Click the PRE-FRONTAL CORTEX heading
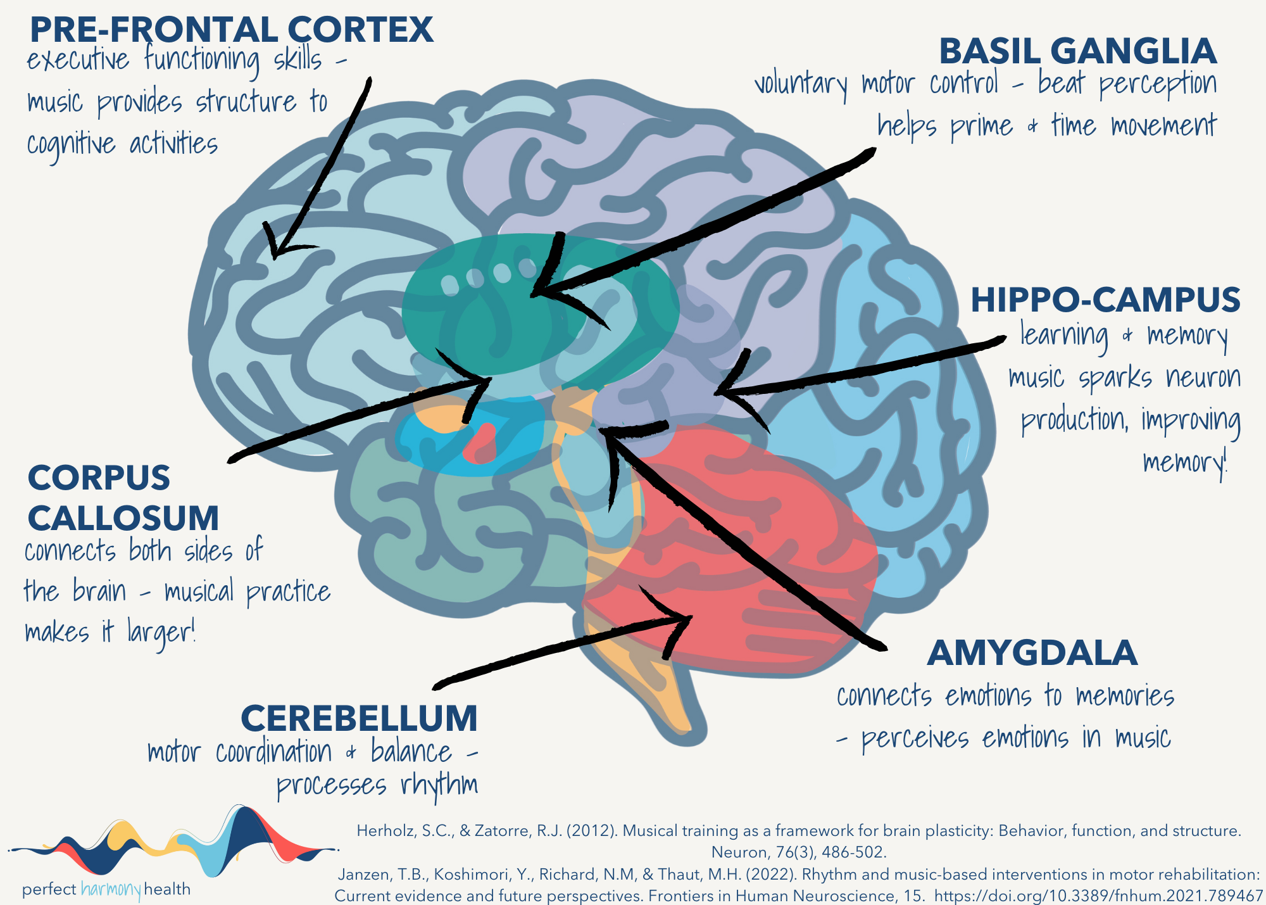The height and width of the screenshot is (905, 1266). click(x=231, y=30)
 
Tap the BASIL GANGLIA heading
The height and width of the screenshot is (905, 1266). click(x=1077, y=51)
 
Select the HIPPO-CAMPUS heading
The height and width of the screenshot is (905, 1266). click(x=1105, y=300)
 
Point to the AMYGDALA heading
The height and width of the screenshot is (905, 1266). click(x=1032, y=653)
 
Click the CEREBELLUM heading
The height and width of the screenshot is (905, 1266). click(x=359, y=718)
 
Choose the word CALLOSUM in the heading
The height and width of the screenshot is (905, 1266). click(x=123, y=518)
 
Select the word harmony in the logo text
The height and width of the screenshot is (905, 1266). click(x=111, y=890)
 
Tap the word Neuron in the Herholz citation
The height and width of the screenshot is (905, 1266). click(x=732, y=852)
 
